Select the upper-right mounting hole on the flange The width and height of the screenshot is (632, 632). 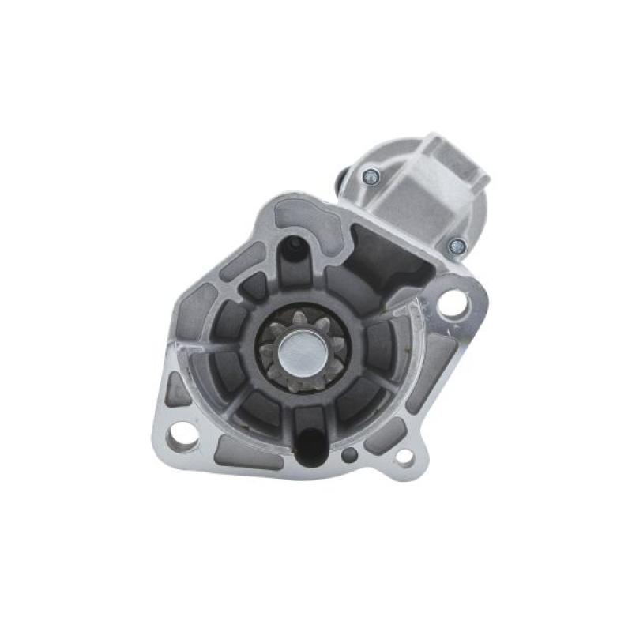point(453,303)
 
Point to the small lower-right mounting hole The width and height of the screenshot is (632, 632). point(404,455)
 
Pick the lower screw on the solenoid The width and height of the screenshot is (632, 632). point(455,246)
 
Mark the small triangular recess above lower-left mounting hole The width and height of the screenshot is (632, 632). point(177,391)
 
